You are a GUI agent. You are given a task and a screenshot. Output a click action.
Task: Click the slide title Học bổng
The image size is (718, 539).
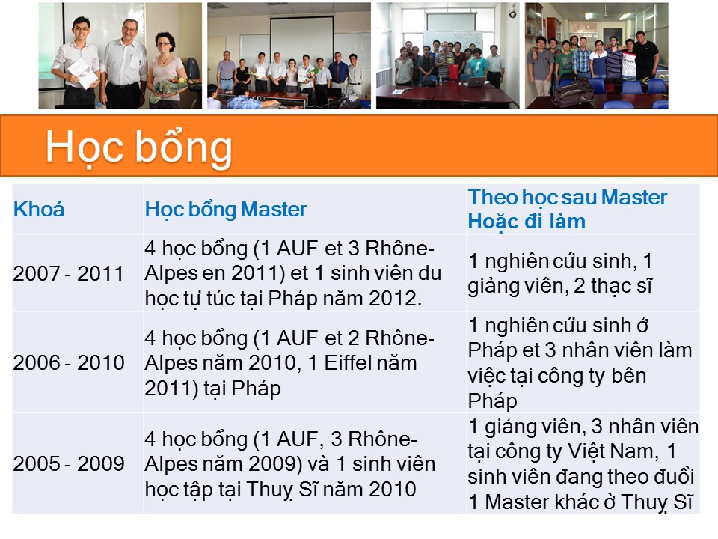click(x=139, y=147)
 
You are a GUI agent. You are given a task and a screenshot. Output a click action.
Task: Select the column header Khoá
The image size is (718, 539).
click(x=39, y=210)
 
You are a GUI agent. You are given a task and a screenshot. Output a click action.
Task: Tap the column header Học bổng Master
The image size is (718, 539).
click(x=226, y=210)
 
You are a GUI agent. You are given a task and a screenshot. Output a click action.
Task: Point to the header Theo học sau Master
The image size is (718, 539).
click(x=568, y=198)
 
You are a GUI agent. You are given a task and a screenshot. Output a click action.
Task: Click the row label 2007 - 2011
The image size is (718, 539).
click(x=69, y=274)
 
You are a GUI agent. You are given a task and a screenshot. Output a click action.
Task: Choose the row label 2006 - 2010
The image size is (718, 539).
click(x=69, y=362)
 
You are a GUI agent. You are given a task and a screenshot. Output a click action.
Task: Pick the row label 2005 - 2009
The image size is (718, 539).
click(x=69, y=463)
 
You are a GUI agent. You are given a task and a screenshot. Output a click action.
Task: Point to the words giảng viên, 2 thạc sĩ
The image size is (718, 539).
click(x=560, y=286)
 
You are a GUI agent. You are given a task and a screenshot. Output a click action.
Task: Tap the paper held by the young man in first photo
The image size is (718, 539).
click(x=83, y=73)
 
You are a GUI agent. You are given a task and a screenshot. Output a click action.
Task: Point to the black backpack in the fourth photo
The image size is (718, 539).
click(x=574, y=91)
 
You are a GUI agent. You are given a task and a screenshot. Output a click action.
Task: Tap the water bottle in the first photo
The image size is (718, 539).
click(x=99, y=106)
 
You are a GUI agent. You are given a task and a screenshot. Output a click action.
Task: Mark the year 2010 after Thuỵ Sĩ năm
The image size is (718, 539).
click(x=393, y=489)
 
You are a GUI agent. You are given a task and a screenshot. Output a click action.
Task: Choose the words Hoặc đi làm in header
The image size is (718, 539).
click(x=527, y=222)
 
